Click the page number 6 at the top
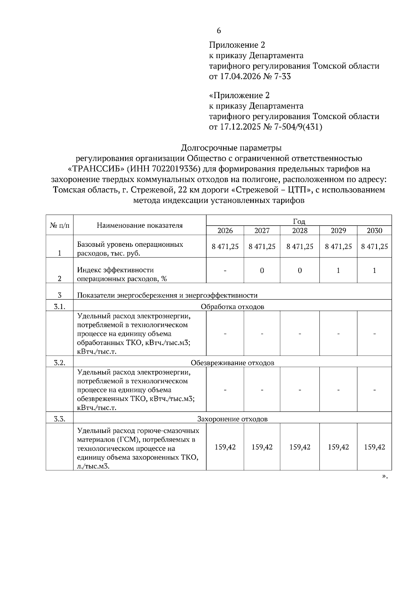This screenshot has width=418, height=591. [x=219, y=31]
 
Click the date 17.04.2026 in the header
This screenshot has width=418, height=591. [x=240, y=77]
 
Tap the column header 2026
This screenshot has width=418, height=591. [x=225, y=230]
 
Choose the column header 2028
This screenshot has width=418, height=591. [x=300, y=230]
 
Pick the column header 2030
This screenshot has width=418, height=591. [x=374, y=230]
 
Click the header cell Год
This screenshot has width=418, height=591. [x=299, y=221]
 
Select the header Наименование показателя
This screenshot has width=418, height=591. [x=140, y=226]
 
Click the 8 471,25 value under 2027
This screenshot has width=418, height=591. [x=262, y=247]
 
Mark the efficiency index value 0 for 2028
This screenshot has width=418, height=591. [x=300, y=270]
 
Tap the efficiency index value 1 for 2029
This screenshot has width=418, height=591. [x=338, y=270]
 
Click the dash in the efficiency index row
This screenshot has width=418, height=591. [x=225, y=270]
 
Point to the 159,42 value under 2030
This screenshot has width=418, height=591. [x=374, y=447]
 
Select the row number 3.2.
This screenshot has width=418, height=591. [x=60, y=363]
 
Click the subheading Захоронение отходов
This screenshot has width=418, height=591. [x=232, y=419]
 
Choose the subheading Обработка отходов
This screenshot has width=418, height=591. [x=232, y=307]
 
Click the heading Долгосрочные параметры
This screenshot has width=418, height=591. [x=231, y=148]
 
